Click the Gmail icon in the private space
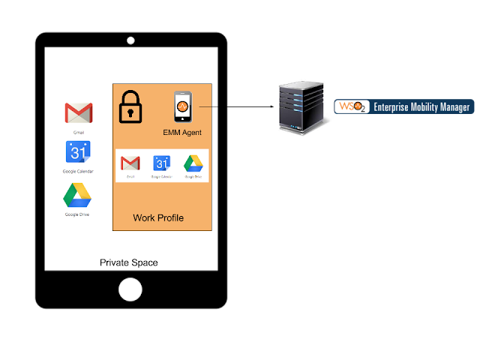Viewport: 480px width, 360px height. click(x=79, y=113)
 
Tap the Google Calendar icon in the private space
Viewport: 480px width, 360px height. click(x=78, y=152)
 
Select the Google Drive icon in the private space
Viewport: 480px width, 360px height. click(x=77, y=196)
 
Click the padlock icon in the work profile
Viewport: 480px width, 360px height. click(x=131, y=106)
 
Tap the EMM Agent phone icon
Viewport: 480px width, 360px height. click(x=182, y=107)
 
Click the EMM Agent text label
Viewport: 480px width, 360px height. click(x=182, y=133)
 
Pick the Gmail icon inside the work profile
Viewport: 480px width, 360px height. click(x=130, y=163)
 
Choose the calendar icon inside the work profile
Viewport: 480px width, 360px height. click(x=161, y=163)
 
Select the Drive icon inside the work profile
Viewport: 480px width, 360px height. click(x=193, y=163)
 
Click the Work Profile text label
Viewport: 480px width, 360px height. click(x=158, y=217)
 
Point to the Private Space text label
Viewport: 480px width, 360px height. click(x=129, y=262)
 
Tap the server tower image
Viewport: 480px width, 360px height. click(x=303, y=106)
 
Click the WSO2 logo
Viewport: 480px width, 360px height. click(x=351, y=106)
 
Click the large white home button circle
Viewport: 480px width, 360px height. click(x=130, y=289)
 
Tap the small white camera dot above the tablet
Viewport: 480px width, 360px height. click(x=130, y=40)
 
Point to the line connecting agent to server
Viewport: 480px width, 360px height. click(x=207, y=106)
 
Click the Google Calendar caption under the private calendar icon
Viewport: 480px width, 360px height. click(x=78, y=171)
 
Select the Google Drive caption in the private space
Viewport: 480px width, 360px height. click(x=77, y=214)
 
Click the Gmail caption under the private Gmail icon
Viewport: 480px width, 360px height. click(x=79, y=132)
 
